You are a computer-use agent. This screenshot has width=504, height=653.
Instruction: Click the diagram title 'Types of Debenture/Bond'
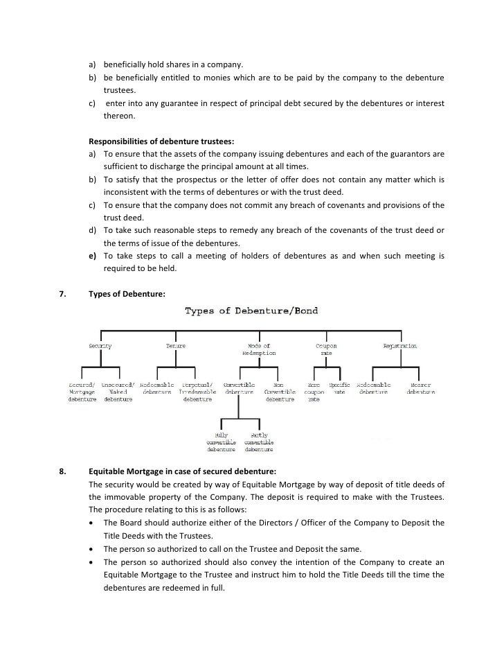click(x=251, y=311)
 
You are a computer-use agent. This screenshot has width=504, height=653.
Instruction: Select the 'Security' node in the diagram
click(x=100, y=345)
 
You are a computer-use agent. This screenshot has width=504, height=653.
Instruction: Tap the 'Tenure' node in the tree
click(x=176, y=345)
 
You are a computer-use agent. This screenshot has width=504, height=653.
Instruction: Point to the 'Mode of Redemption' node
click(x=259, y=349)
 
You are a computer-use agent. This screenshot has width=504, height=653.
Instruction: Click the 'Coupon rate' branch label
click(x=326, y=349)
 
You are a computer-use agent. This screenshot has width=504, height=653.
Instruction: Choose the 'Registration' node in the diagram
click(x=400, y=345)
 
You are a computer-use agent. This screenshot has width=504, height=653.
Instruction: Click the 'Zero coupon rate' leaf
click(x=314, y=392)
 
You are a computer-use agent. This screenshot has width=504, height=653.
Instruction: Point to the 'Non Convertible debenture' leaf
click(x=280, y=392)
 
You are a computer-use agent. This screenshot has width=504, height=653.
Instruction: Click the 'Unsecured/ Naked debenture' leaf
click(x=118, y=392)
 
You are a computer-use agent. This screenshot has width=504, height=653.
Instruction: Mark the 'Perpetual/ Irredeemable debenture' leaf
click(x=197, y=392)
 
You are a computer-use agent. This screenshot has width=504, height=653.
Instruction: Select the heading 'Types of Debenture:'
click(x=127, y=293)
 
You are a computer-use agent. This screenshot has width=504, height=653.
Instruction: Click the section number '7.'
click(x=62, y=293)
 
